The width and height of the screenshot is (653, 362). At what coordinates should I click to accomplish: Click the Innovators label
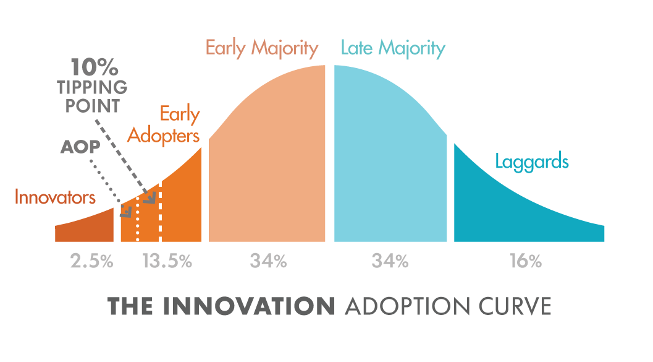point(55,197)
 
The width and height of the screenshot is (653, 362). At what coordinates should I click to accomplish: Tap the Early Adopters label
point(164,125)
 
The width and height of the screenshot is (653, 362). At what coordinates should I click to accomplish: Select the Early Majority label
point(262,48)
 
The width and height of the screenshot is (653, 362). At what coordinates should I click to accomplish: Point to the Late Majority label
point(393,48)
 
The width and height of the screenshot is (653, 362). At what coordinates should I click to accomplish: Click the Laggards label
point(532,162)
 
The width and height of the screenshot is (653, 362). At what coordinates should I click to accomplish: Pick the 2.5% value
point(91,262)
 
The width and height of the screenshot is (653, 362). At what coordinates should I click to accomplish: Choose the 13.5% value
point(167,262)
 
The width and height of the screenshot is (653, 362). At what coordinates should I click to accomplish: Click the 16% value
point(526,262)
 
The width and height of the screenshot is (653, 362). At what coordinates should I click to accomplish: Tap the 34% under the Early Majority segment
point(268,262)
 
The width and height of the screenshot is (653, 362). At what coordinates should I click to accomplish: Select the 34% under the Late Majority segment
point(390,262)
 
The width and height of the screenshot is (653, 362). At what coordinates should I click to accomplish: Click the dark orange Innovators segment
point(85,227)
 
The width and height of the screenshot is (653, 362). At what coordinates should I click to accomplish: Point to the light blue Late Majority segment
point(390,158)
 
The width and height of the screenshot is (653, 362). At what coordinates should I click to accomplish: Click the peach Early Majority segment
point(267,158)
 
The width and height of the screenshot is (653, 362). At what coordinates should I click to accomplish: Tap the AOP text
point(80,147)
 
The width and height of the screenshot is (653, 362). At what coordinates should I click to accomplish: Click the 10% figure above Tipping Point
point(94,67)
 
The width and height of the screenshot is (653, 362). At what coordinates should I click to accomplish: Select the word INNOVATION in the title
point(248,306)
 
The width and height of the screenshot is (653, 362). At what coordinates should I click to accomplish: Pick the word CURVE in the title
point(515,306)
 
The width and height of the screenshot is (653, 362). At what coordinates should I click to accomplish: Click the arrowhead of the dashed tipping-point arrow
point(151,199)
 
